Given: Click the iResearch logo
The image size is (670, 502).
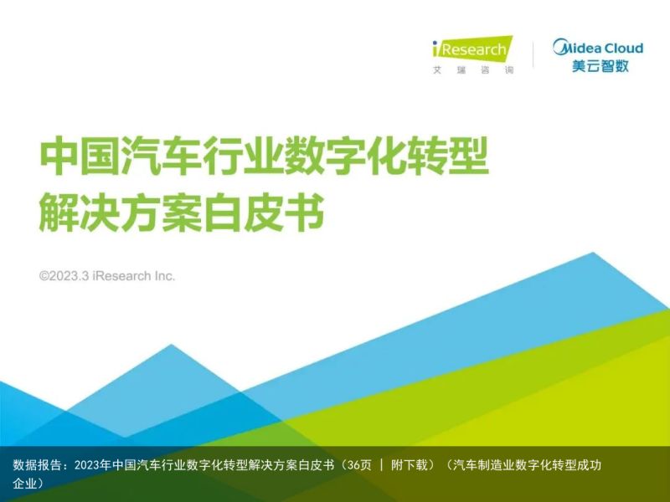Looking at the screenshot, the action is tap(472, 49).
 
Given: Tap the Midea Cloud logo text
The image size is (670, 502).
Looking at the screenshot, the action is tap(598, 48).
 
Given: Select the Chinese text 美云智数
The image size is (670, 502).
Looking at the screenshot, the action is tap(600, 66).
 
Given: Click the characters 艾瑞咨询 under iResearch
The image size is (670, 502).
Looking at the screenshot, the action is tap(473, 70).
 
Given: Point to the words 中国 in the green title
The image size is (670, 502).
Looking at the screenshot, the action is tap(80, 156).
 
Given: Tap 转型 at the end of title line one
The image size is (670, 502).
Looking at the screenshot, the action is tap(448, 156).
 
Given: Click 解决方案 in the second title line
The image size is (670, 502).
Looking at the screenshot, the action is tap(121, 213).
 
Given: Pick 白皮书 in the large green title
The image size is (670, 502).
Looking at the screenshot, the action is tap(264, 213).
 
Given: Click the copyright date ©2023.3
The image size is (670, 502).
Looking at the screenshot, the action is tap(64, 276).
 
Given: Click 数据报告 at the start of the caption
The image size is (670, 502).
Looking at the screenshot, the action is tap(37, 465).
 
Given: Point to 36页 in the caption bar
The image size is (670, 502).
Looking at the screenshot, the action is tap(359, 465).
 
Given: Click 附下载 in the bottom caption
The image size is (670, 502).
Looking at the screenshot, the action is tap(410, 465).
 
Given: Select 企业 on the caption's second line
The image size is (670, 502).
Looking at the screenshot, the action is tap(25, 484).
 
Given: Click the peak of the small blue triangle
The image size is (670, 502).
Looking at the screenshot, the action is tap(172, 344).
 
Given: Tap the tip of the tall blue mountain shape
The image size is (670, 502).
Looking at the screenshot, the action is tap(593, 253).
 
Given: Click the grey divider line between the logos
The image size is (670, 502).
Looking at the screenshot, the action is tap(533, 54).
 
